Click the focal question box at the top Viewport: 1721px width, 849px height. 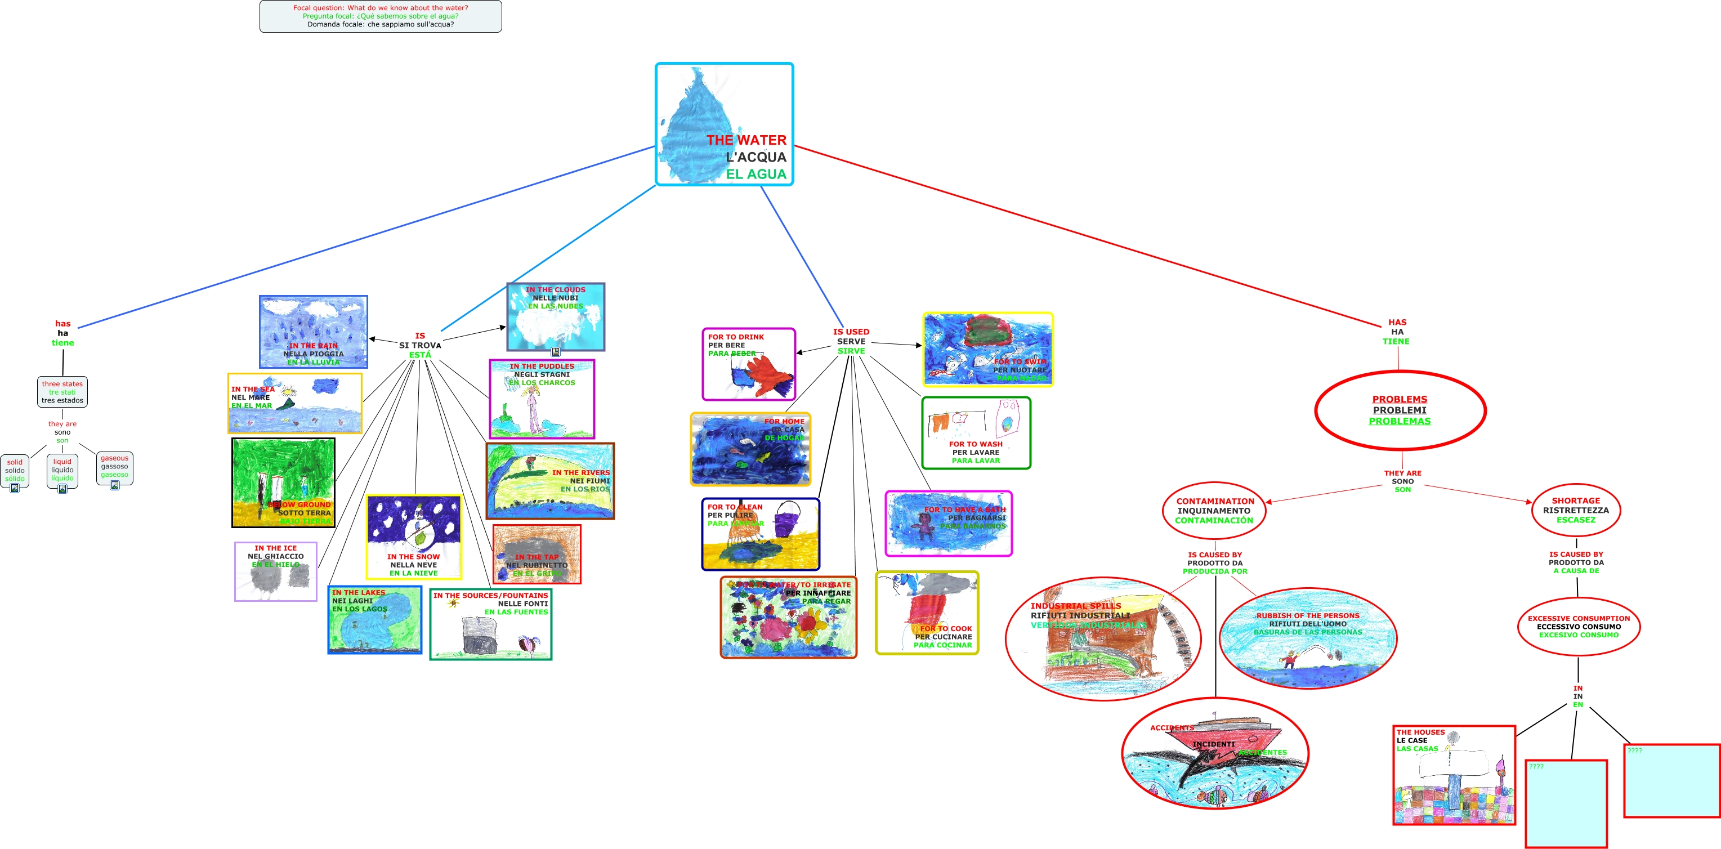pyautogui.click(x=380, y=16)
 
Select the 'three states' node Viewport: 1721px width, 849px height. pyautogui.click(x=62, y=392)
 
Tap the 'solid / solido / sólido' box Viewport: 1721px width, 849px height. pyautogui.click(x=15, y=470)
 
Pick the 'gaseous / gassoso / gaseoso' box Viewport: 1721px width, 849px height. pyautogui.click(x=114, y=467)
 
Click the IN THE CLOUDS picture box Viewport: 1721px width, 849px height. pyautogui.click(x=555, y=316)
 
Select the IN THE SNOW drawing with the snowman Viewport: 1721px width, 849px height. pyautogui.click(x=414, y=537)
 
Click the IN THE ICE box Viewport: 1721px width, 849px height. pyautogui.click(x=275, y=571)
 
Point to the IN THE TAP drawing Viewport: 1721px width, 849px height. pyautogui.click(x=537, y=554)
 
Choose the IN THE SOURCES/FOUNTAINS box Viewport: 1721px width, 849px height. pyautogui.click(x=490, y=623)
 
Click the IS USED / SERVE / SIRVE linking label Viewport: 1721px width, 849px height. pyautogui.click(x=851, y=341)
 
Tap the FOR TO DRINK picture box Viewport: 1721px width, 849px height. pyautogui.click(x=748, y=364)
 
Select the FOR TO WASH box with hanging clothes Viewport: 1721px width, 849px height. pyautogui.click(x=976, y=433)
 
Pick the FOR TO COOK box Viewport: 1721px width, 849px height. pyautogui.click(x=927, y=613)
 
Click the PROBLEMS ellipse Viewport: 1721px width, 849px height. pyautogui.click(x=1399, y=410)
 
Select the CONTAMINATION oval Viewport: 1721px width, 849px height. pyautogui.click(x=1214, y=510)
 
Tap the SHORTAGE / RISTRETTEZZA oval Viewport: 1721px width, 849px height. pyautogui.click(x=1575, y=510)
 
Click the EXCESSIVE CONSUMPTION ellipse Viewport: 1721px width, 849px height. pyautogui.click(x=1578, y=627)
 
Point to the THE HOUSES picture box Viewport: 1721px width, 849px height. pyautogui.click(x=1454, y=775)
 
